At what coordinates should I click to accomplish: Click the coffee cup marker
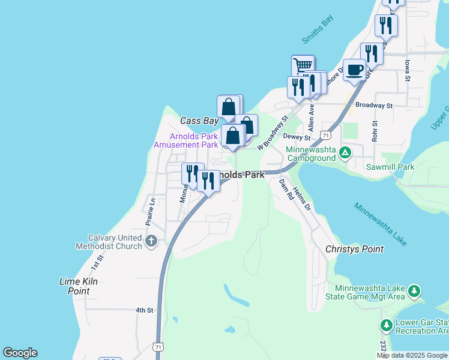354,70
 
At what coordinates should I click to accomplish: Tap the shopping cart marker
303,64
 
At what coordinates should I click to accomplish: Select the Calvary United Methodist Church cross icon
151,242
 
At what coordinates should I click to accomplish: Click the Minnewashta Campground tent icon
345,153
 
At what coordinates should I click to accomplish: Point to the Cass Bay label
199,121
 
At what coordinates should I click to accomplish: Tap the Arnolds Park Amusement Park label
185,140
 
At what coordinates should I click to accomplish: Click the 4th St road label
145,310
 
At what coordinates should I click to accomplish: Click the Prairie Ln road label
150,211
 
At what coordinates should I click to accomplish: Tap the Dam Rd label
285,190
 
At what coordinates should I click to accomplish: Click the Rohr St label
374,132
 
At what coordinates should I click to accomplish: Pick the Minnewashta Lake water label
380,224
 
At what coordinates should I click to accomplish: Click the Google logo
20,353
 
